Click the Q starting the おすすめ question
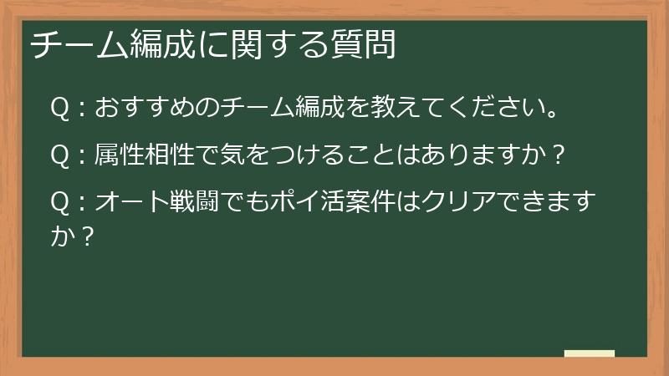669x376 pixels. (59, 109)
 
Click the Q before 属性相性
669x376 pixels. (59, 155)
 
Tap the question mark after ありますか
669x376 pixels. (560, 155)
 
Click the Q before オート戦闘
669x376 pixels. (59, 203)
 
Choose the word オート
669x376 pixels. (134, 203)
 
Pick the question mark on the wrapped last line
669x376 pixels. (83, 236)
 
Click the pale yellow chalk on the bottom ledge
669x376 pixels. (590, 353)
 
